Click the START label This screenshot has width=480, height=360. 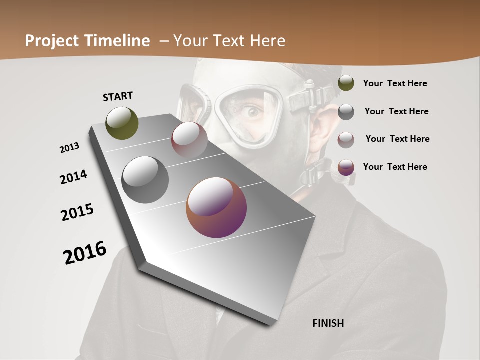click(118, 96)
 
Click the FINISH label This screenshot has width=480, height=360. click(328, 323)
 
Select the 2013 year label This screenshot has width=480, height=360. click(70, 148)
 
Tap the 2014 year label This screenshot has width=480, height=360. click(73, 177)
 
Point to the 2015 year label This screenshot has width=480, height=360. click(77, 212)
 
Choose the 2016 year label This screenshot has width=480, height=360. click(85, 253)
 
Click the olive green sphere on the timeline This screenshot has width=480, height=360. click(122, 123)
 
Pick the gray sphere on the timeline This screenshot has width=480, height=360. click(145, 180)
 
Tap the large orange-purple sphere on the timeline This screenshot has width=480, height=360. click(216, 207)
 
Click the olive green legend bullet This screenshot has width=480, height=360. click(346, 83)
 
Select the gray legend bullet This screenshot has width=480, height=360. click(346, 112)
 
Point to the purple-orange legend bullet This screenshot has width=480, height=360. click(346, 167)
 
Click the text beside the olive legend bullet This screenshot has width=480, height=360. click(395, 83)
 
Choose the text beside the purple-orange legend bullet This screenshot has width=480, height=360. click(395, 167)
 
